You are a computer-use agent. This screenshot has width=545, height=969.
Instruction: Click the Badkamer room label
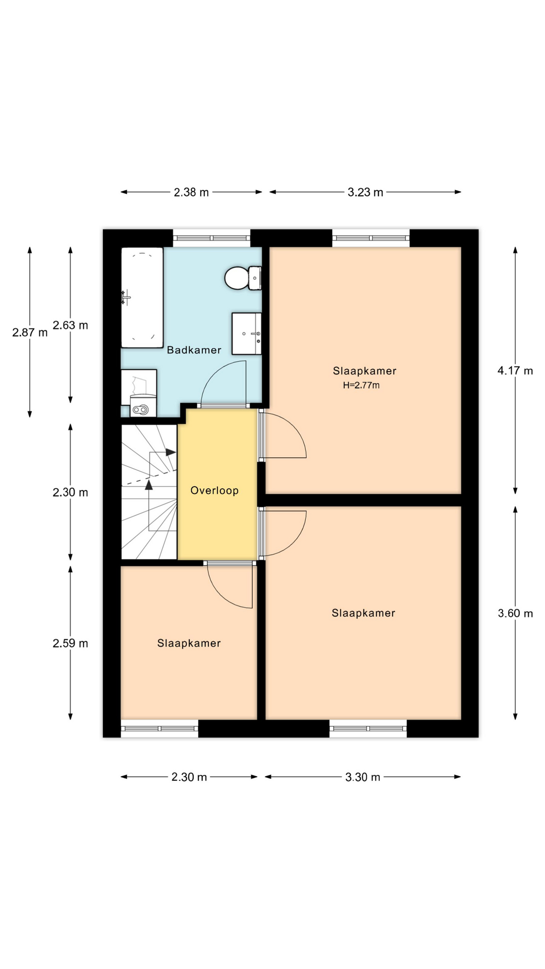[194, 350]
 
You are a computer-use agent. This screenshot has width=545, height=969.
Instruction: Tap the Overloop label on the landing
[214, 491]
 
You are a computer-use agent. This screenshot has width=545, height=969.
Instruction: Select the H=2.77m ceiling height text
[361, 386]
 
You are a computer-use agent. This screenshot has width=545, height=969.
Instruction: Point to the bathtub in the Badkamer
[142, 297]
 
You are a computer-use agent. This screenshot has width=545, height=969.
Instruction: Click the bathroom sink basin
[247, 334]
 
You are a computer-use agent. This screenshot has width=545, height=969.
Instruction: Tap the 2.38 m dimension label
[191, 192]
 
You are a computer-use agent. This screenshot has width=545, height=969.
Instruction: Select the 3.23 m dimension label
[365, 192]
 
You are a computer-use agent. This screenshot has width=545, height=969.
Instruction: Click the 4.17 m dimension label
[515, 371]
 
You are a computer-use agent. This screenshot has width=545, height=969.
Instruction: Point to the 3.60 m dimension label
[515, 613]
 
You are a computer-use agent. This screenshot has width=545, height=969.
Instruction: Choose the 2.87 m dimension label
[30, 333]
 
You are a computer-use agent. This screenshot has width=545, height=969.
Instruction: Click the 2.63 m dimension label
[71, 326]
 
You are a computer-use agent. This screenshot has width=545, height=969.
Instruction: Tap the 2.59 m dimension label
[71, 643]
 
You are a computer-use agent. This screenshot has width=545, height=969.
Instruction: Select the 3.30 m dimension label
[363, 777]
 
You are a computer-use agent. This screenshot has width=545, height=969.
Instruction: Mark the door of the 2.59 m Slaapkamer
[230, 585]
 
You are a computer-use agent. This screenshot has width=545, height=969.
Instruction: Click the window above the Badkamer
[212, 238]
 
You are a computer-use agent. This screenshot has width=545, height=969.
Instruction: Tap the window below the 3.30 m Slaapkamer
[368, 728]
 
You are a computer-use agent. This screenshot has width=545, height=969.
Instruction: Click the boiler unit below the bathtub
[139, 393]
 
